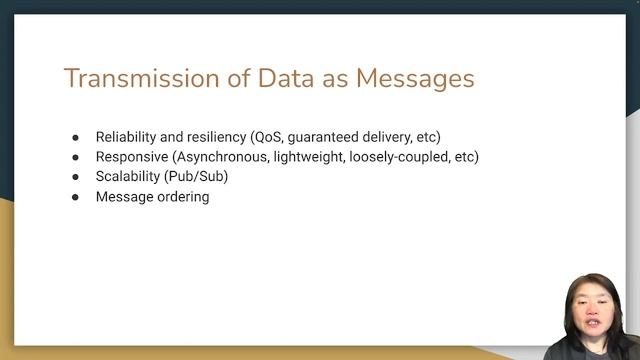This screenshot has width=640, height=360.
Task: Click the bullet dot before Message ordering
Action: pos(75,197)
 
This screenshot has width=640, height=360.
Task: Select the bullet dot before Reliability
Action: pos(75,137)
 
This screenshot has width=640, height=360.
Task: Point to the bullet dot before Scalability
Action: pos(75,177)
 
